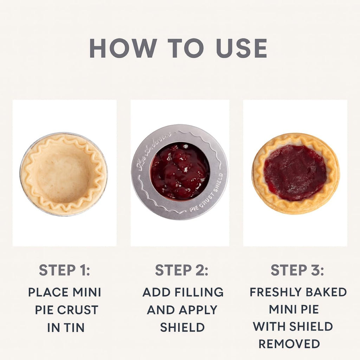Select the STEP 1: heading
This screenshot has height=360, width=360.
(x=64, y=270)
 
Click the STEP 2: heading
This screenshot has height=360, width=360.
(x=182, y=270)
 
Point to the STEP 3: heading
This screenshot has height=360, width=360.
(x=297, y=270)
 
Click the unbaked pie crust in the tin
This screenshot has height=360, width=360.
(x=64, y=174)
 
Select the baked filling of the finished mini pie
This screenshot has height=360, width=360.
(x=295, y=172)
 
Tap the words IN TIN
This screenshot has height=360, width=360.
(x=66, y=328)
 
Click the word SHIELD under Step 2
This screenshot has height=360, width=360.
(x=182, y=327)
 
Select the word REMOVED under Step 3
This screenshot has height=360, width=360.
(x=289, y=343)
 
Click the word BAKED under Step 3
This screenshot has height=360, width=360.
(x=327, y=292)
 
